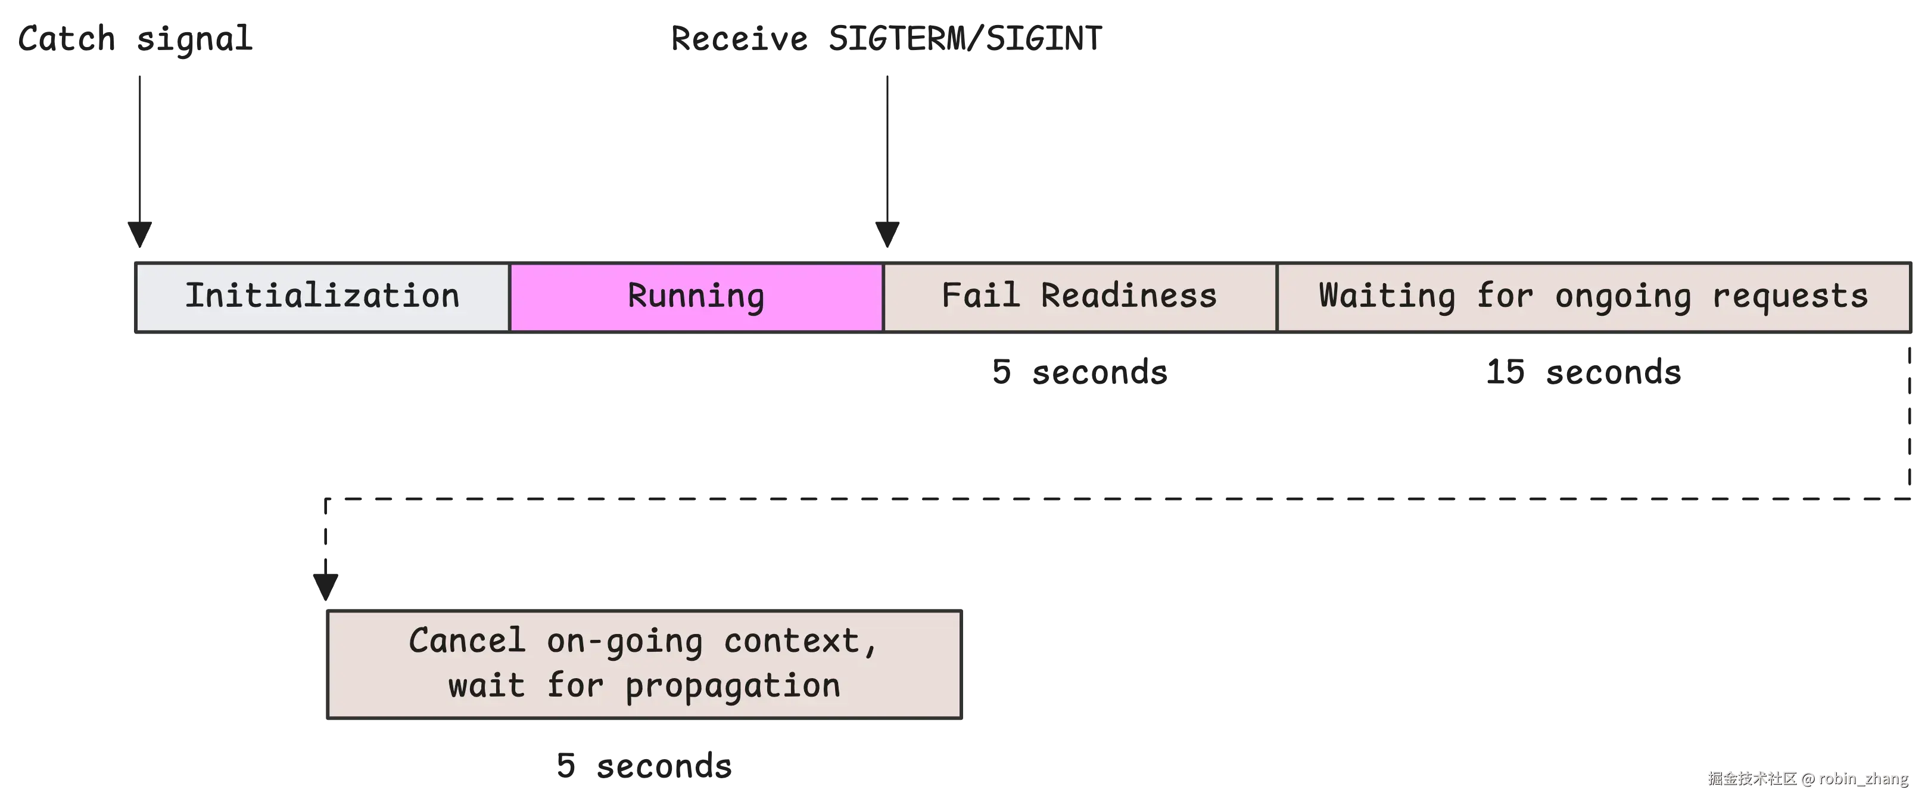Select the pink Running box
(696, 297)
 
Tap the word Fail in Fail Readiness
(980, 295)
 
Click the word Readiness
(1129, 296)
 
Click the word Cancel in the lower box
(467, 641)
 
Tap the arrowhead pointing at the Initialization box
(138, 233)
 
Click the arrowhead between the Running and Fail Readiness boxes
(887, 233)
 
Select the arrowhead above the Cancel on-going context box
(324, 585)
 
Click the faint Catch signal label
(135, 38)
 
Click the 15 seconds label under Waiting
(1583, 371)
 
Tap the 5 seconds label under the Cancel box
(645, 765)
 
